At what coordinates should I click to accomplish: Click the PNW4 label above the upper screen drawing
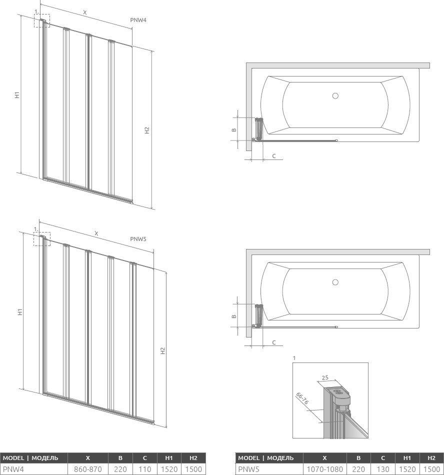(x=138, y=20)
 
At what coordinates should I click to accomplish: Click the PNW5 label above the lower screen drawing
(x=138, y=238)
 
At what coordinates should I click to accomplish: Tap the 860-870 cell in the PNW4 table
(x=88, y=469)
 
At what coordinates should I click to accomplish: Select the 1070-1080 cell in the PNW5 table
(x=324, y=469)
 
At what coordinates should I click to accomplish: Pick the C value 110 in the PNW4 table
(x=145, y=469)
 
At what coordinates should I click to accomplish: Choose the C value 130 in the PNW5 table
(x=383, y=469)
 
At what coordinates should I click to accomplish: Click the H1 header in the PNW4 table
(x=169, y=458)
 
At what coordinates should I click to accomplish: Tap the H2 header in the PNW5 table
(x=431, y=458)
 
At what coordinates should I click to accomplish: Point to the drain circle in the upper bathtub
(x=335, y=95)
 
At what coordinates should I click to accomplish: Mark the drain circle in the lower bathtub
(x=335, y=282)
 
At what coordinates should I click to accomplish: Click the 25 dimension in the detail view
(x=325, y=378)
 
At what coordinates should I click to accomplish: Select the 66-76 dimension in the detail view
(x=302, y=398)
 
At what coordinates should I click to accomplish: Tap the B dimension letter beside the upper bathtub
(x=234, y=130)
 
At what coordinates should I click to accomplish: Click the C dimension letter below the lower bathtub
(x=274, y=342)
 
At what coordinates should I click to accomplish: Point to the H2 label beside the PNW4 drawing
(x=147, y=130)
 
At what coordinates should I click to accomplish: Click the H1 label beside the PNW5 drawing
(x=20, y=311)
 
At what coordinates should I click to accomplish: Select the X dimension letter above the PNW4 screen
(x=85, y=12)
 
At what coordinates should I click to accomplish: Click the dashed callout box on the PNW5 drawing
(x=42, y=238)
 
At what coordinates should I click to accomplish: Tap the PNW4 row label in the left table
(x=13, y=469)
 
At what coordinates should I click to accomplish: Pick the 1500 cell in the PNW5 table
(x=431, y=469)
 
